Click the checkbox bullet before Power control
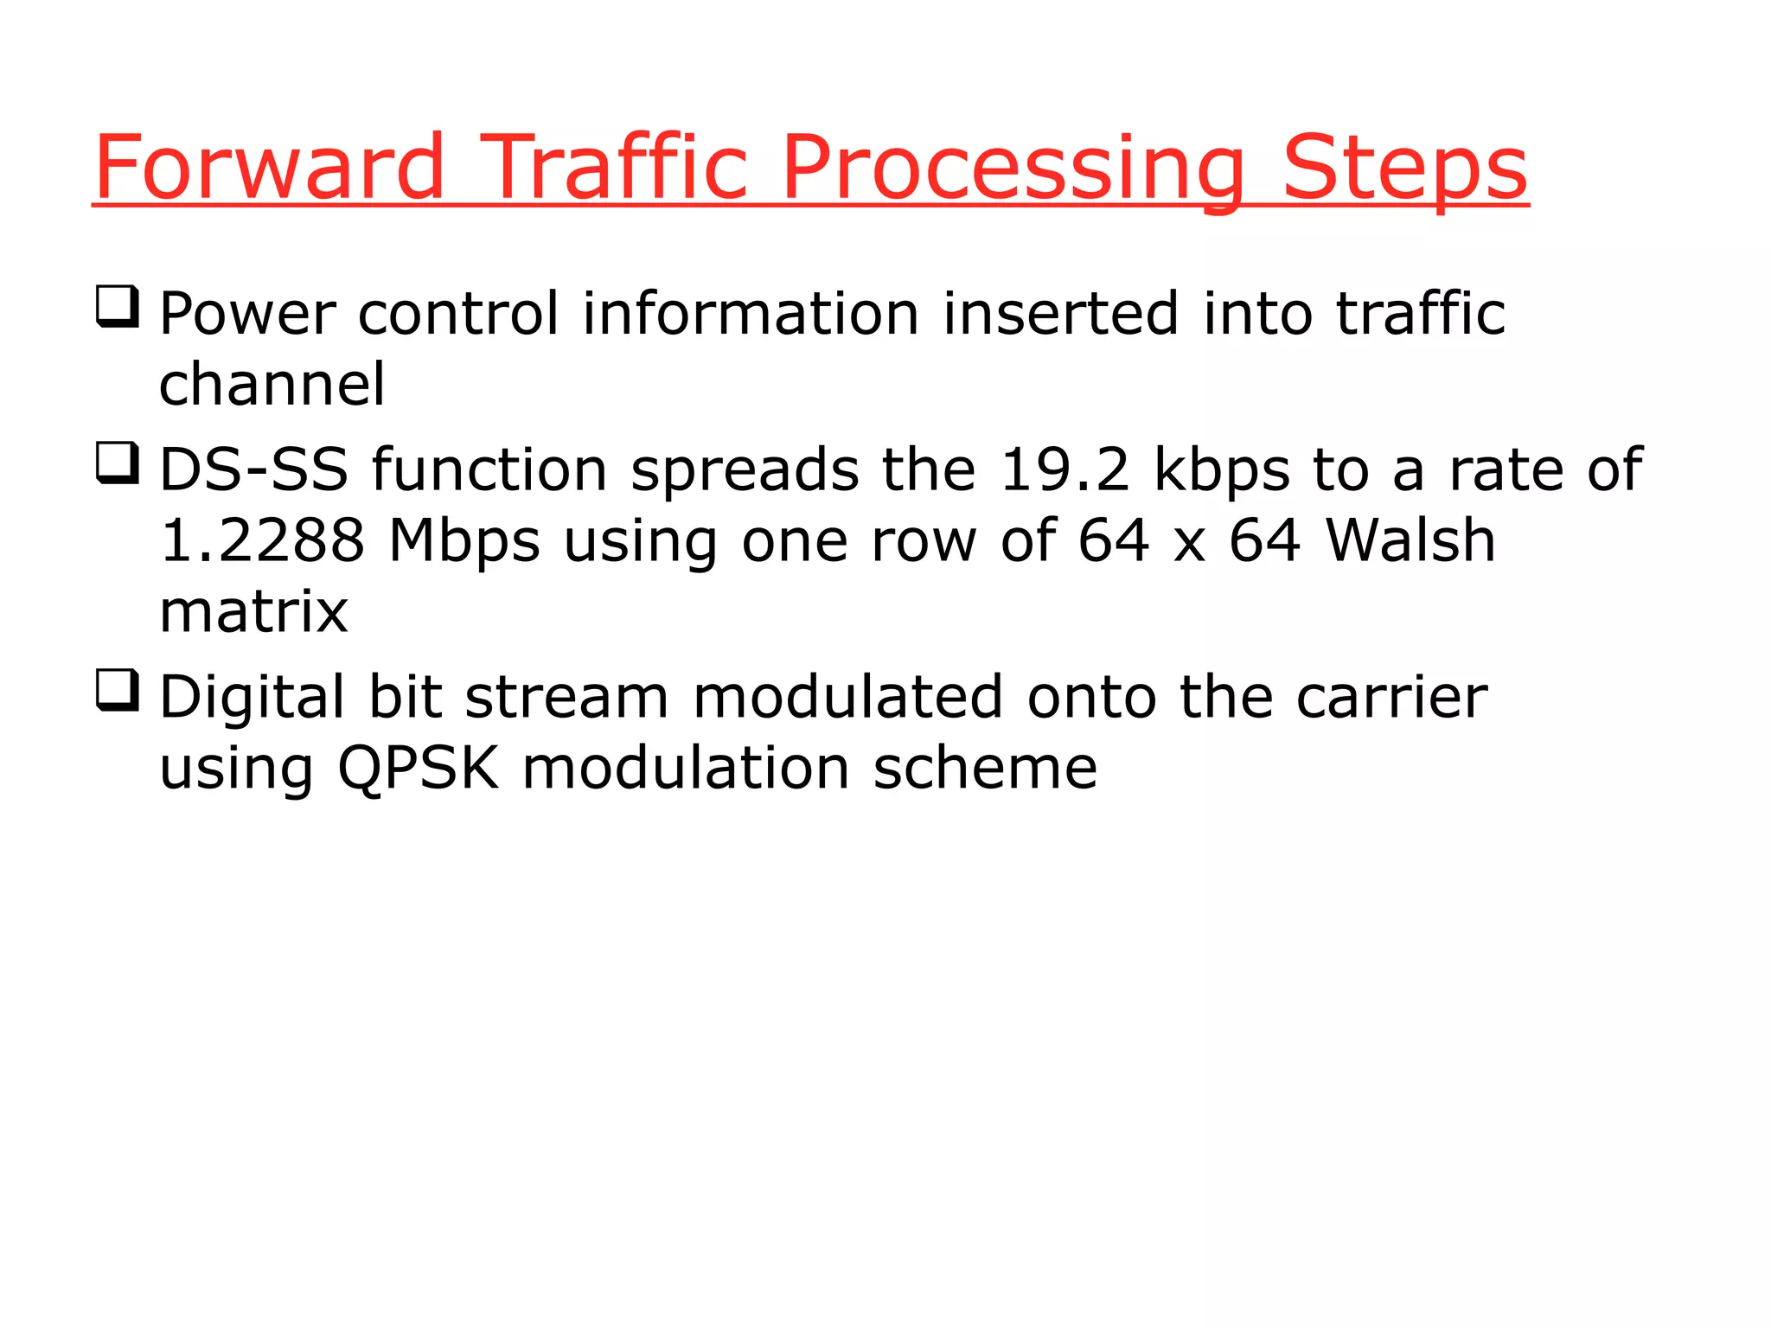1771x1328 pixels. [x=117, y=307]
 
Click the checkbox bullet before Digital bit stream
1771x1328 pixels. [x=117, y=691]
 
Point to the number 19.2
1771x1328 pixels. [x=1065, y=470]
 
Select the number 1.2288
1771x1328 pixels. [x=262, y=541]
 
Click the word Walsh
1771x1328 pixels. [x=1410, y=541]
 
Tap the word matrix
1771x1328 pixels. [x=253, y=612]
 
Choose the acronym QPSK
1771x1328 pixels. [x=419, y=768]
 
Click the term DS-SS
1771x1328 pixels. [x=253, y=470]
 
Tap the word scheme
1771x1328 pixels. [x=985, y=768]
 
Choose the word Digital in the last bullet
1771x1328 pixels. [x=252, y=699]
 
